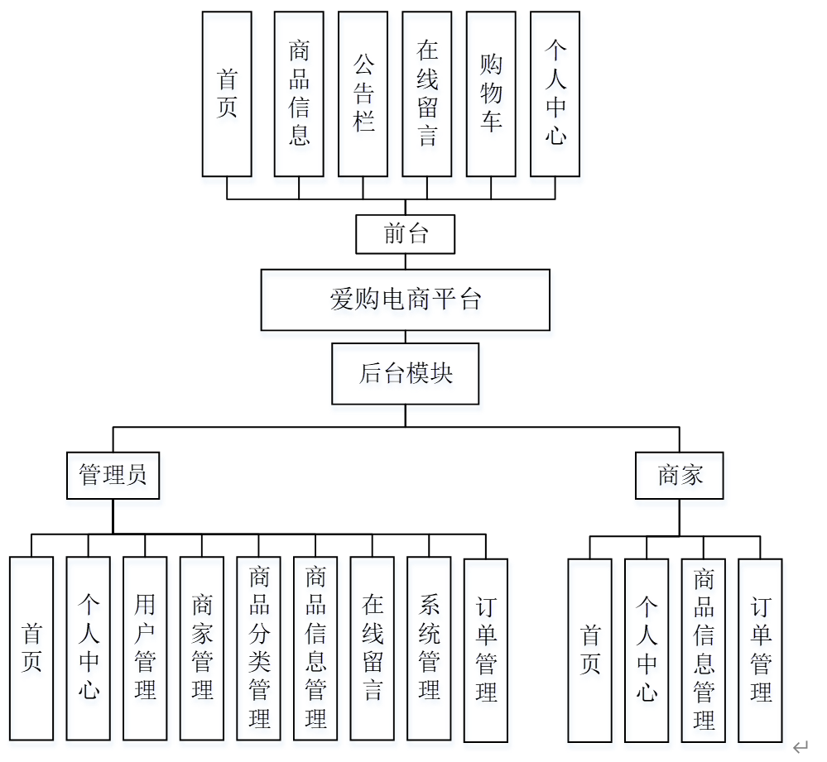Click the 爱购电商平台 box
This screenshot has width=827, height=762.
tap(405, 300)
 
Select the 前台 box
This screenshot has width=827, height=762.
tap(405, 234)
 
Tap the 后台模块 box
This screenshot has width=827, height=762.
tap(405, 374)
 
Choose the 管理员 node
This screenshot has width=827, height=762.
tap(113, 475)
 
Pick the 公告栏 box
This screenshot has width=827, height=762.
tap(363, 93)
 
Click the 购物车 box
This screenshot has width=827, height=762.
tap(491, 93)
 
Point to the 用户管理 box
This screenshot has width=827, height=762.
tap(145, 648)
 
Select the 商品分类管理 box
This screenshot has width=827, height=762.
tap(259, 648)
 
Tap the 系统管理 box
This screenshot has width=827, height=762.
tap(429, 648)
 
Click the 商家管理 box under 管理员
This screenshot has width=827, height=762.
tap(202, 648)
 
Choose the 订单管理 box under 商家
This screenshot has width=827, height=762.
tap(760, 649)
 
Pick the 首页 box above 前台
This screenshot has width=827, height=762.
tap(227, 93)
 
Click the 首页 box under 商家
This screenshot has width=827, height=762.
tap(589, 649)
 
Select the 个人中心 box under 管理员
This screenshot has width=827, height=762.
tap(88, 648)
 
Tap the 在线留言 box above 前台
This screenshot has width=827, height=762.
tap(427, 93)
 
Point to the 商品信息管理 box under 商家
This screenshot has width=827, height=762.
tap(703, 649)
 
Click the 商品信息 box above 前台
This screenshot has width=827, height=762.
tap(299, 93)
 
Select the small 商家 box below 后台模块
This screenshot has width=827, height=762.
tap(680, 475)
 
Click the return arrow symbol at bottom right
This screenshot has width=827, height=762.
tap(800, 747)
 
